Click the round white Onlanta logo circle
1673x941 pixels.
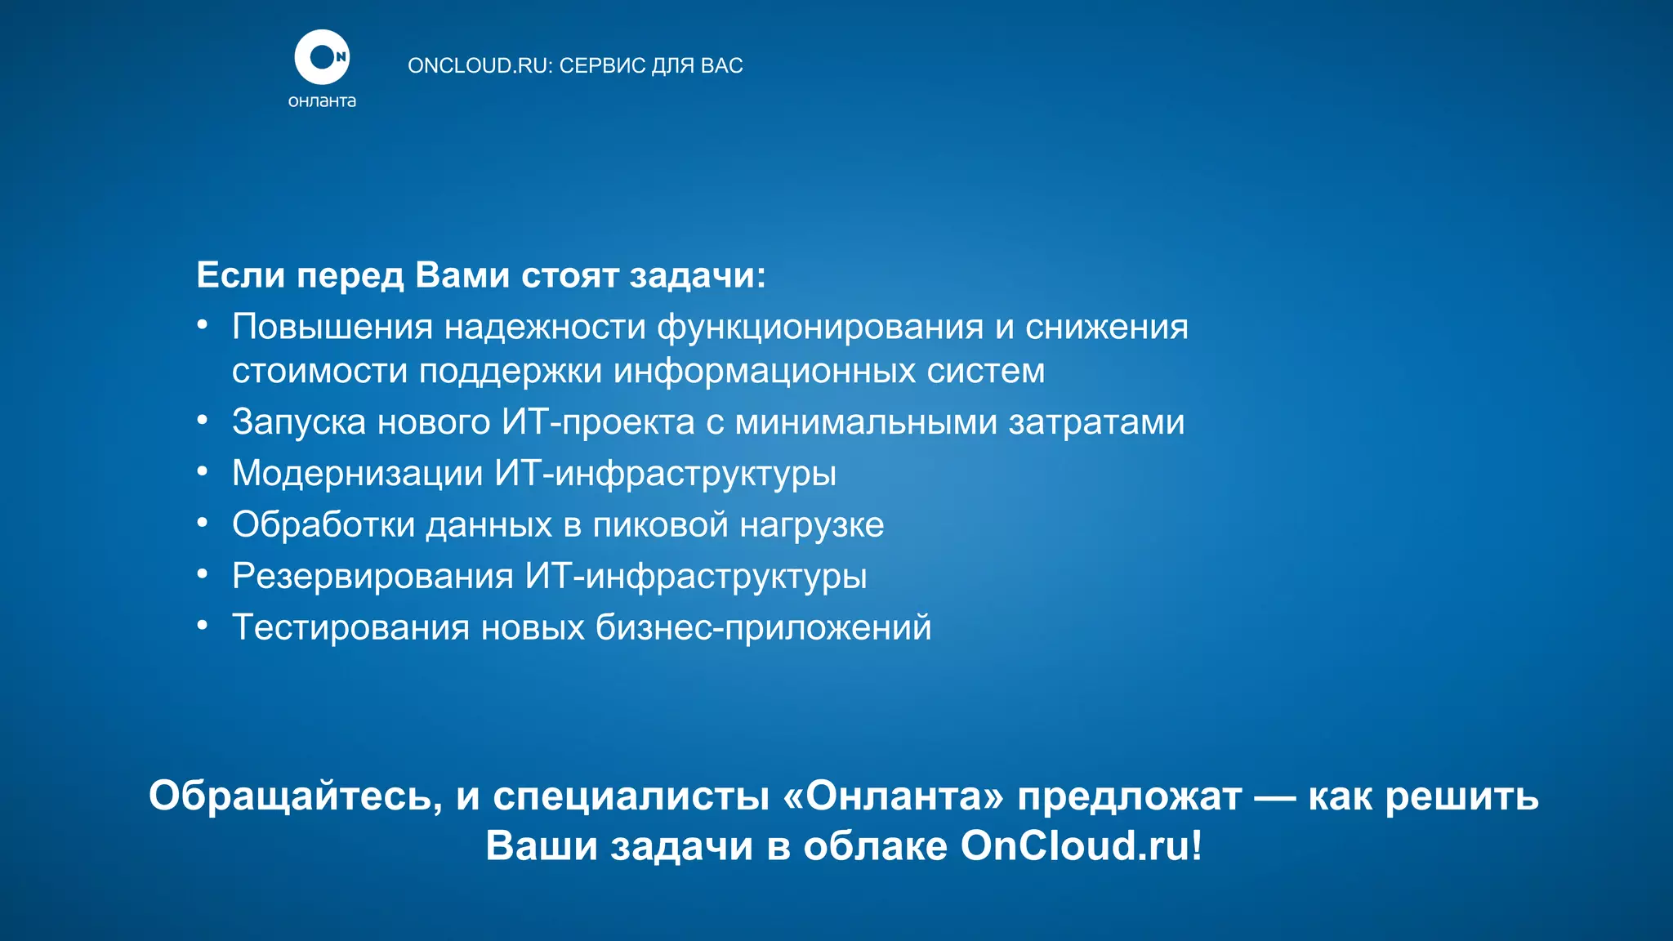(322, 57)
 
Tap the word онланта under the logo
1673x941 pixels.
(322, 101)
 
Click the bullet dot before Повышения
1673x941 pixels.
(203, 326)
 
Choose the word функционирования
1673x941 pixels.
(820, 327)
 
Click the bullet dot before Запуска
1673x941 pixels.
(203, 421)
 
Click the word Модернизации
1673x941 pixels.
(357, 474)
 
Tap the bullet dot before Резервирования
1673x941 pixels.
(203, 575)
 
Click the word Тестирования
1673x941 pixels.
(350, 627)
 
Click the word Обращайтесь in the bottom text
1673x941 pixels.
(295, 796)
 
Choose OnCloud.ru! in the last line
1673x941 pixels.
(1081, 845)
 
